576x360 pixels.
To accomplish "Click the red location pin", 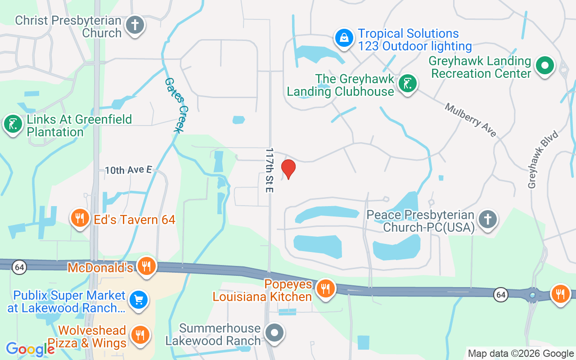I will click(x=288, y=169).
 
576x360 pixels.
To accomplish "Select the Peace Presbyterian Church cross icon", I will click(x=487, y=220).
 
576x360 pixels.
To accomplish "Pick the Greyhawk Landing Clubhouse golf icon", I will click(x=407, y=84).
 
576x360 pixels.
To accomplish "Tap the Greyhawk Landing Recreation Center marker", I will click(x=545, y=66).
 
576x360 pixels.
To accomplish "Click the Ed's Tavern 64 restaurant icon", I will click(x=80, y=219).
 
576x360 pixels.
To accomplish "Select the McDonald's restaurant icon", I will click(x=146, y=266).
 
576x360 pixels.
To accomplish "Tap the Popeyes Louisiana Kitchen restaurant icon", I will click(x=324, y=288).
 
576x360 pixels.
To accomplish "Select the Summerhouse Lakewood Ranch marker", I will click(x=274, y=333).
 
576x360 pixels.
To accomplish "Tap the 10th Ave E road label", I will click(x=128, y=170).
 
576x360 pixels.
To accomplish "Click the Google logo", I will click(x=30, y=349).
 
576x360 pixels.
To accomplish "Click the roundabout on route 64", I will click(x=533, y=296).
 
